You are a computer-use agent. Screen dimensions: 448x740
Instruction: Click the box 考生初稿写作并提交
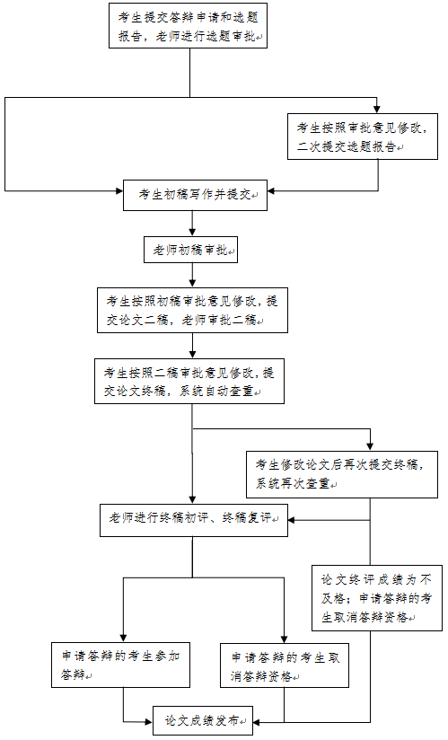pyautogui.click(x=195, y=195)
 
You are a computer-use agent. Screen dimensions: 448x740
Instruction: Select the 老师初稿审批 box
pyautogui.click(x=190, y=250)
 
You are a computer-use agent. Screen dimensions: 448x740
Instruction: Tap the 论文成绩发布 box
pyautogui.click(x=203, y=720)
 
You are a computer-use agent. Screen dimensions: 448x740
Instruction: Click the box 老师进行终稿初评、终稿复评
pyautogui.click(x=194, y=520)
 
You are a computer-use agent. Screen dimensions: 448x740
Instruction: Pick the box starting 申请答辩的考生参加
pyautogui.click(x=120, y=665)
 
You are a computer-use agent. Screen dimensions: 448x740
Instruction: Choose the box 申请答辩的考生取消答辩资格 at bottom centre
pyautogui.click(x=285, y=665)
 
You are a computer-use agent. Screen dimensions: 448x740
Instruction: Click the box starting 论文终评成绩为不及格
pyautogui.click(x=377, y=597)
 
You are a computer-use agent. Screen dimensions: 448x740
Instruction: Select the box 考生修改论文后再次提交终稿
pyautogui.click(x=342, y=474)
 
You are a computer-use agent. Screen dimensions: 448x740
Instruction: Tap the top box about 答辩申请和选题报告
pyautogui.click(x=189, y=25)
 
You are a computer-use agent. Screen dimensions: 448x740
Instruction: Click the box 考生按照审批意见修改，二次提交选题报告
pyautogui.click(x=363, y=136)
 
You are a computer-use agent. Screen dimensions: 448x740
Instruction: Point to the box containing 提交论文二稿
pyautogui.click(x=192, y=310)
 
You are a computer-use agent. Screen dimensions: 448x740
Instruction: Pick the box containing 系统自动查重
pyautogui.click(x=189, y=381)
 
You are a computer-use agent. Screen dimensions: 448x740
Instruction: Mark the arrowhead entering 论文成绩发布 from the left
pyautogui.click(x=149, y=722)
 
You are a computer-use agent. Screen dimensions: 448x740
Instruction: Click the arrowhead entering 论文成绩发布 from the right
pyautogui.click(x=258, y=722)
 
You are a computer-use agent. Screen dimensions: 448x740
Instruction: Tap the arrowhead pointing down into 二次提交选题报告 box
pyautogui.click(x=376, y=109)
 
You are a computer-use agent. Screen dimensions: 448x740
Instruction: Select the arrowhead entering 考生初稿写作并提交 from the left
pyautogui.click(x=119, y=190)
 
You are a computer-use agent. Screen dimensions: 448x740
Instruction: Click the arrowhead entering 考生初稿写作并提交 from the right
pyautogui.click(x=272, y=190)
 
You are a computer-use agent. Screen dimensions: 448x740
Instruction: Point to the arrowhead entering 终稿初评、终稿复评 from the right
pyautogui.click(x=292, y=520)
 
